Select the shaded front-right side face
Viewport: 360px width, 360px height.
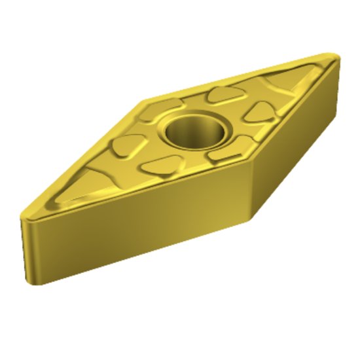[x=295, y=144]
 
